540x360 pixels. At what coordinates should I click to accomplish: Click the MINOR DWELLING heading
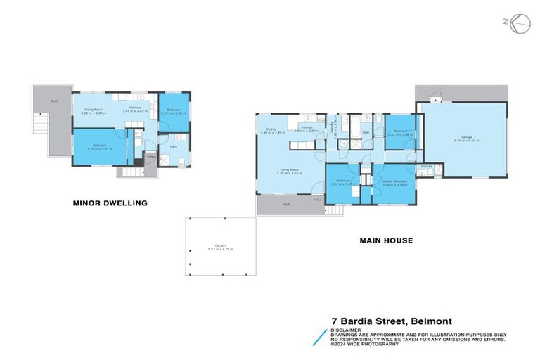coord(110,203)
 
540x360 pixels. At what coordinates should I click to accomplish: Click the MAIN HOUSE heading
coord(386,240)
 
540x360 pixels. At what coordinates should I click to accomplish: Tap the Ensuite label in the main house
coord(427,166)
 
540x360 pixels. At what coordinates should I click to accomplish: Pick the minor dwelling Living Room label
coord(95,110)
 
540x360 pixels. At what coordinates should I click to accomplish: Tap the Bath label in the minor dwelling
coord(172,146)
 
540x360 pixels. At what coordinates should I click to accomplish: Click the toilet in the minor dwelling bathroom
coord(181,162)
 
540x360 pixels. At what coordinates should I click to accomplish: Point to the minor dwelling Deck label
coord(54,101)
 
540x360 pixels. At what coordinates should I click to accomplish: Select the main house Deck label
coord(285,204)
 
